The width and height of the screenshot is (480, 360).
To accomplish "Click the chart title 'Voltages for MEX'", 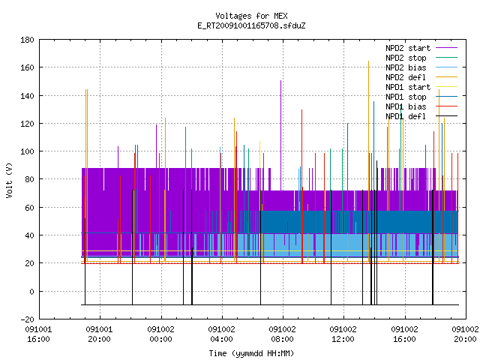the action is tap(251, 16).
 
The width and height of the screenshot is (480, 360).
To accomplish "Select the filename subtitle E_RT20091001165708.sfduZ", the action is tap(251, 25).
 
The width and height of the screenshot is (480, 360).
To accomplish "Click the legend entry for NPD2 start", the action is tap(408, 48).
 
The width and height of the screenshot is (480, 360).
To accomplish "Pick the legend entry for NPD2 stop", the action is tap(406, 58).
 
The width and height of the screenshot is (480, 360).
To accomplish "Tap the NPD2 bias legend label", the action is tap(406, 67).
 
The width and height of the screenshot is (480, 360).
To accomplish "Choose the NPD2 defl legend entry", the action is tap(406, 77).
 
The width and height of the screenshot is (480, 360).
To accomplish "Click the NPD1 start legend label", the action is tap(408, 87).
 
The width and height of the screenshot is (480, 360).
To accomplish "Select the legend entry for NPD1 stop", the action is tap(406, 97).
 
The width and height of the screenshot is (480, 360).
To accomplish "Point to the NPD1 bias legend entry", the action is tap(406, 106).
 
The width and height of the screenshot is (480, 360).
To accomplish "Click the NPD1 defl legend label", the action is tap(406, 117).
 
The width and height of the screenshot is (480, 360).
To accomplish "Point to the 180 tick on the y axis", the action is tap(27, 40).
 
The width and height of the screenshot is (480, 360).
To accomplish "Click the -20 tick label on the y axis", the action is tap(27, 319).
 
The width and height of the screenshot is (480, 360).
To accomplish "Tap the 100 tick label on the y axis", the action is tap(27, 151).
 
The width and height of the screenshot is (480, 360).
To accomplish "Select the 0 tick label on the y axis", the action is tap(31, 292).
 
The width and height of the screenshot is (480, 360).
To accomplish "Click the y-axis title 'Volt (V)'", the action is tap(9, 181).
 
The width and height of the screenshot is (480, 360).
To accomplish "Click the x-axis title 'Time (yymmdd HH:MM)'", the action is tap(251, 353).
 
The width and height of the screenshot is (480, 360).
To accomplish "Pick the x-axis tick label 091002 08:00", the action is tap(282, 334).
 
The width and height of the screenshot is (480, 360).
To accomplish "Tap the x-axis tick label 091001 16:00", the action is tap(38, 334).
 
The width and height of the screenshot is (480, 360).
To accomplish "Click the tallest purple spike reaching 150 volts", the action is tap(280, 135).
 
